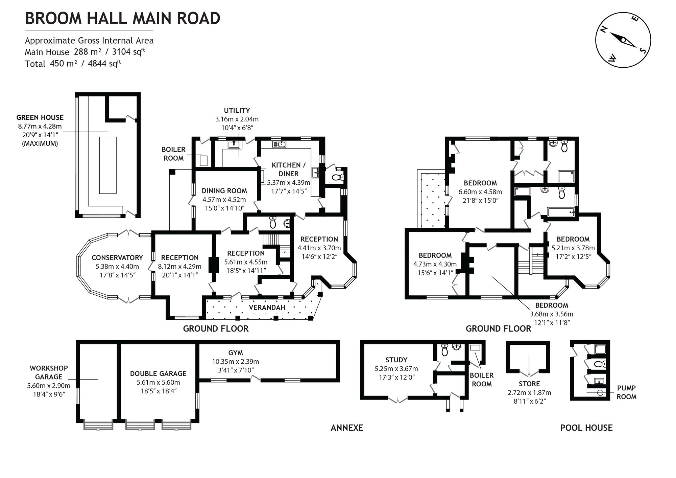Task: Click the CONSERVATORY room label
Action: pos(117,258)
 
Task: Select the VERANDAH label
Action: pos(267,308)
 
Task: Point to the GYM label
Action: pos(236,353)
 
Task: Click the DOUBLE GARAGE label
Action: pos(158,374)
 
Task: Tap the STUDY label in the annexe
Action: pos(396,360)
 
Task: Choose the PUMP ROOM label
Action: pos(626,392)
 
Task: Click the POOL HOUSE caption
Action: pos(586,428)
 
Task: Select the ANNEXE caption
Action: pos(347,428)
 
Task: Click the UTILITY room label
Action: pos(237,111)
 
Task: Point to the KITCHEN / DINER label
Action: pos(289,169)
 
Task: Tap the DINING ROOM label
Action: pos(224,191)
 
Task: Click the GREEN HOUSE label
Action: pos(40,118)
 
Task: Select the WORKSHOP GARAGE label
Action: pos(49,372)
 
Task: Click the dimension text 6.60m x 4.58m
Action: pos(480,192)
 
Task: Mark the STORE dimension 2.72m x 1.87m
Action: pos(529,393)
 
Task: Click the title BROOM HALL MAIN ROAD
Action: pos(123,18)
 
